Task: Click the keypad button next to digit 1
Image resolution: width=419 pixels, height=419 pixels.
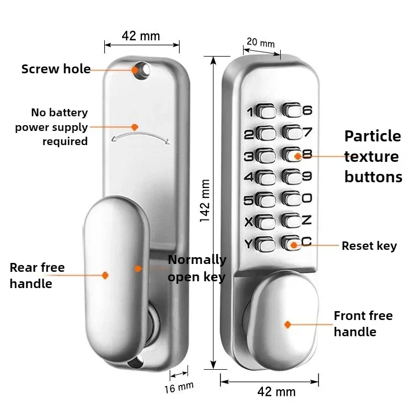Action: [x=267, y=112]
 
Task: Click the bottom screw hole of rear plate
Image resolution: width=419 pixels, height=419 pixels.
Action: [x=139, y=360]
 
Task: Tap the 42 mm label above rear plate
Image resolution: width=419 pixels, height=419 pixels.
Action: [x=140, y=36]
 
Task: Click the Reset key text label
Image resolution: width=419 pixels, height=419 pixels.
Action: [x=369, y=246]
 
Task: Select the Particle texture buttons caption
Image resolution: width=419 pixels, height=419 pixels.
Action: [x=373, y=156]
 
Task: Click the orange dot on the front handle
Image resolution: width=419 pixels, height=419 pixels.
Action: [x=288, y=325]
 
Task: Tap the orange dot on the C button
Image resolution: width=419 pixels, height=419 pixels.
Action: [x=293, y=244]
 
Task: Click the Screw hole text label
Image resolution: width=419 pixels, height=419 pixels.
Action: [x=56, y=69]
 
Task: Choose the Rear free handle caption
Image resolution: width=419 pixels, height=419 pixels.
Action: [x=37, y=275]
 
